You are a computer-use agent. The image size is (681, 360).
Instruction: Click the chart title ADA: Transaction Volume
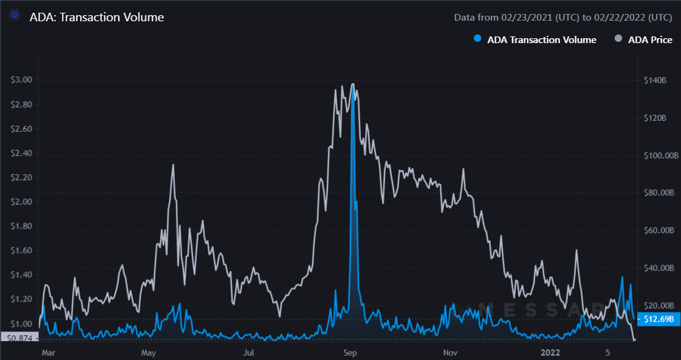pos(97,17)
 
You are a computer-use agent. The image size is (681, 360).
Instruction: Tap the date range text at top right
pos(563,18)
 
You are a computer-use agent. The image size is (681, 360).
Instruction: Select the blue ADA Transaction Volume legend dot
pos(477,39)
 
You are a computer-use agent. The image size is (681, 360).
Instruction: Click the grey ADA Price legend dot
pos(618,39)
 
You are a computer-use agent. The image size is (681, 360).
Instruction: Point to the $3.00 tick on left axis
pos(21,80)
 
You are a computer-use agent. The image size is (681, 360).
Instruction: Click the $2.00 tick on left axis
pos(21,202)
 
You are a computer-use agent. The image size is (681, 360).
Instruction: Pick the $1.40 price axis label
pos(21,274)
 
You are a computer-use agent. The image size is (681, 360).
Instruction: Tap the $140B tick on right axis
pos(655,80)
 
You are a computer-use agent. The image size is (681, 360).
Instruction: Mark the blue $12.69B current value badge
pos(658,319)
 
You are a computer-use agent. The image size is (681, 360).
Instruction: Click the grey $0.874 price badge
pos(19,338)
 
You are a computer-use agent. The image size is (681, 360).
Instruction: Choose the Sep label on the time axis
pos(349,352)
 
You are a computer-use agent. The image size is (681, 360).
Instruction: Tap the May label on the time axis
pos(149,352)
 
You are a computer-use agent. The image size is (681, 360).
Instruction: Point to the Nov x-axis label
pos(450,352)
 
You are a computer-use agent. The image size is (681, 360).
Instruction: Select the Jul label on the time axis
pos(248,352)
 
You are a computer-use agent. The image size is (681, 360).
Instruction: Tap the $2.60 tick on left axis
pos(21,129)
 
